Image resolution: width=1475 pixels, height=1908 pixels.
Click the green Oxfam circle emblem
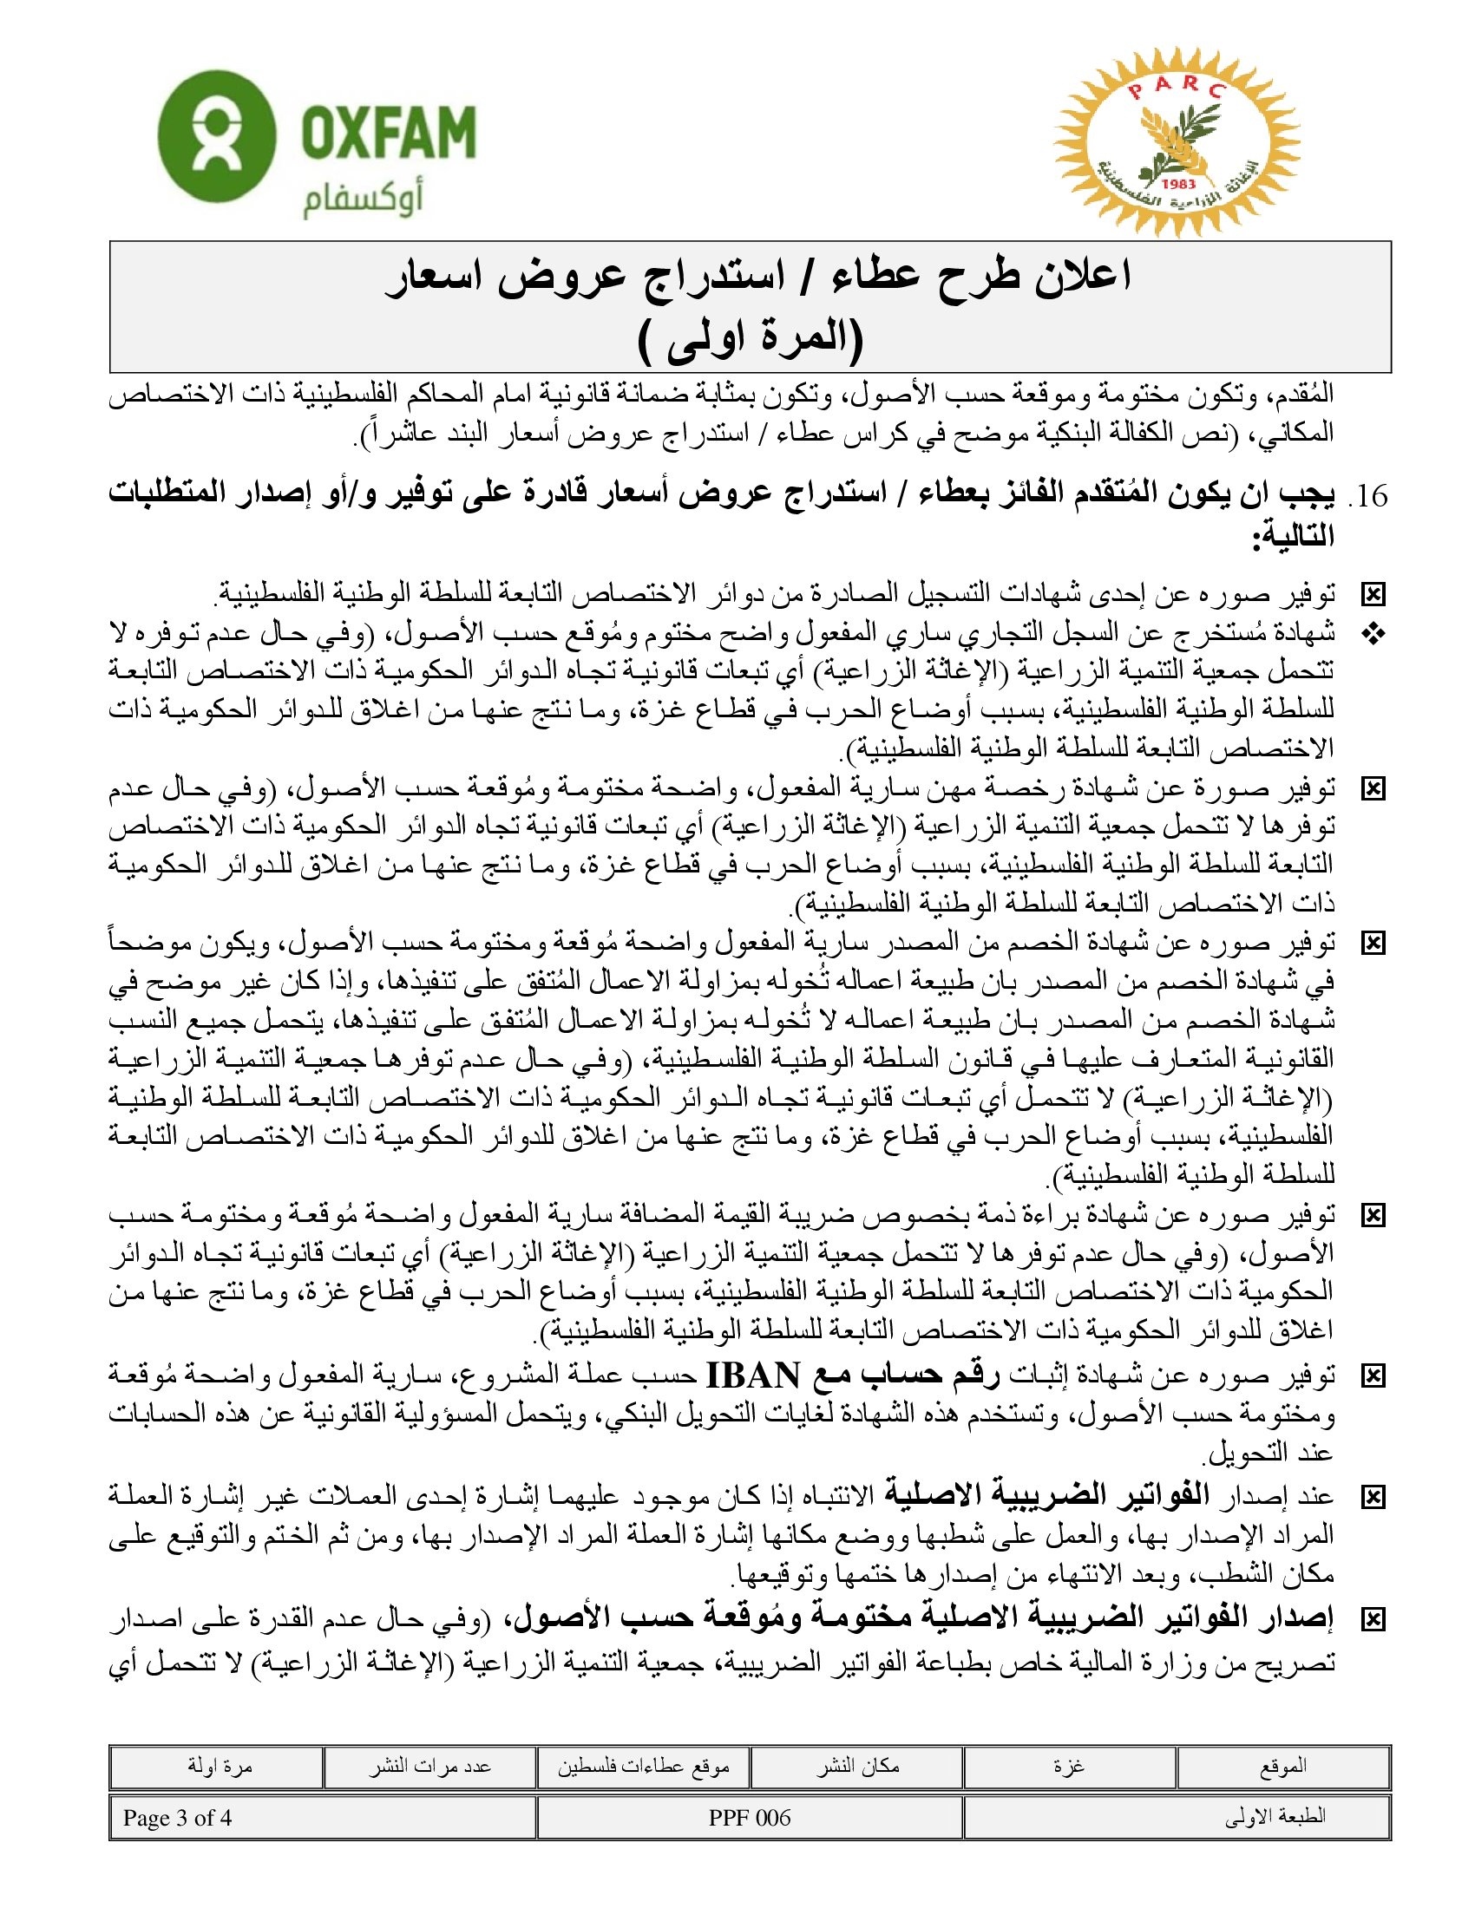click(x=217, y=137)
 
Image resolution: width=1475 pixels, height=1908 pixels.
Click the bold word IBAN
click(x=752, y=1376)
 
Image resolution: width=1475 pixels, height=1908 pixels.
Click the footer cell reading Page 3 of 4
click(x=178, y=1818)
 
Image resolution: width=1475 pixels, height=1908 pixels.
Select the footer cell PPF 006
click(x=750, y=1818)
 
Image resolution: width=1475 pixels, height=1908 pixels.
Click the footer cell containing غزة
click(x=1070, y=1767)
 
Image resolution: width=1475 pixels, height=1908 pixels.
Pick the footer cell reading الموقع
click(x=1282, y=1767)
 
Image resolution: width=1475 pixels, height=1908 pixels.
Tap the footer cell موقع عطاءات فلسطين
click(x=644, y=1767)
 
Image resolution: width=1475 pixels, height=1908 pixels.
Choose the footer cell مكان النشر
click(x=857, y=1767)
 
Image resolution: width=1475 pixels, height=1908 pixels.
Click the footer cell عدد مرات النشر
click(x=429, y=1767)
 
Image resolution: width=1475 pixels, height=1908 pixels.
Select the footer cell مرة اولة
click(x=219, y=1767)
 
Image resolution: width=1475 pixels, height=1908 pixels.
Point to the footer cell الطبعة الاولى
click(x=1275, y=1818)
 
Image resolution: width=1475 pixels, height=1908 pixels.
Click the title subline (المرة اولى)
click(x=750, y=343)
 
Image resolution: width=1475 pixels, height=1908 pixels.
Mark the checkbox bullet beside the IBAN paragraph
click(x=1373, y=1377)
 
